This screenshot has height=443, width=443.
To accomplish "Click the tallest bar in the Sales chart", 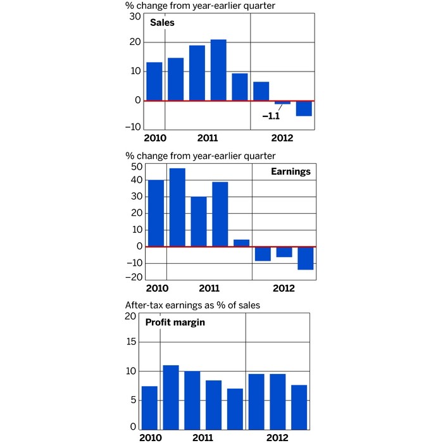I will click(218, 70).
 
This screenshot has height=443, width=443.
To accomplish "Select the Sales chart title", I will click(162, 23).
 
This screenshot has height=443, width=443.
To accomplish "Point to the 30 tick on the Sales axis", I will click(135, 16).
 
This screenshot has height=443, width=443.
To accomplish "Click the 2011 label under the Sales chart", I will click(208, 138).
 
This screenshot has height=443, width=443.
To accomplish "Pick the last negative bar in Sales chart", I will click(304, 108).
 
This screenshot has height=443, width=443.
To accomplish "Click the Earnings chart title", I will click(291, 172).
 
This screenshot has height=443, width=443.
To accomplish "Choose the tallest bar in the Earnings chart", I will click(177, 207).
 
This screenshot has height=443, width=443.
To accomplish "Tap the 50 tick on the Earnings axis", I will click(135, 166).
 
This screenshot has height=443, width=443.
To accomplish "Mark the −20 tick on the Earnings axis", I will click(133, 277).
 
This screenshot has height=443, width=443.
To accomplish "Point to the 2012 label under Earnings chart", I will click(284, 289).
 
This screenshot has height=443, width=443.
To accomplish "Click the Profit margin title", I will click(170, 322).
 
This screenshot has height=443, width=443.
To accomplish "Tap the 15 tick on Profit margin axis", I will click(130, 342).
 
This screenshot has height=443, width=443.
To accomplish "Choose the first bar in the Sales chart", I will click(154, 82).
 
